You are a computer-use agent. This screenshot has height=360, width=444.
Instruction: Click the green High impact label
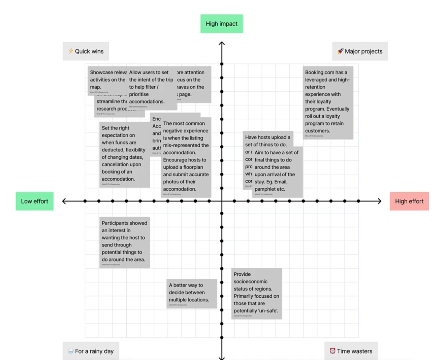[x=221, y=24]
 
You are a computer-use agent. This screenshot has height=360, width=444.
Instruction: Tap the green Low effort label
[x=34, y=201]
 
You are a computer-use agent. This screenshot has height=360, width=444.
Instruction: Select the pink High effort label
[x=409, y=201]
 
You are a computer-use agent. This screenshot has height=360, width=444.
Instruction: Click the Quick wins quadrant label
[x=86, y=51]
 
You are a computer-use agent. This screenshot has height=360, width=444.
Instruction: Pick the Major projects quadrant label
[x=360, y=51]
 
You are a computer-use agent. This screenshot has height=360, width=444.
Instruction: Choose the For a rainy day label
[x=91, y=351]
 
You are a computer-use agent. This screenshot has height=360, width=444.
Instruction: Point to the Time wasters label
[x=351, y=351]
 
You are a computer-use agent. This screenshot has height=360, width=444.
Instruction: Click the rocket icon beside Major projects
[x=340, y=51]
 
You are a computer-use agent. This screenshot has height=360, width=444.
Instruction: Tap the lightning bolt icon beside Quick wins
[x=71, y=51]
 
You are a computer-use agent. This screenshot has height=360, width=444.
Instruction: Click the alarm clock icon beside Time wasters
[x=332, y=351]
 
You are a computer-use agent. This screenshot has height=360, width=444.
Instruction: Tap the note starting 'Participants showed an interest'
[x=124, y=242]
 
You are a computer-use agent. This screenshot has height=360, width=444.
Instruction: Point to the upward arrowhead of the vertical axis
[x=222, y=43]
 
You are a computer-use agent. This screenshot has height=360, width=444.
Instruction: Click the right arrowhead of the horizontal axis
[x=380, y=201]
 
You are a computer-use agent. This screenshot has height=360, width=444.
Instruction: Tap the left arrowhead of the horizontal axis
[x=64, y=201]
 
